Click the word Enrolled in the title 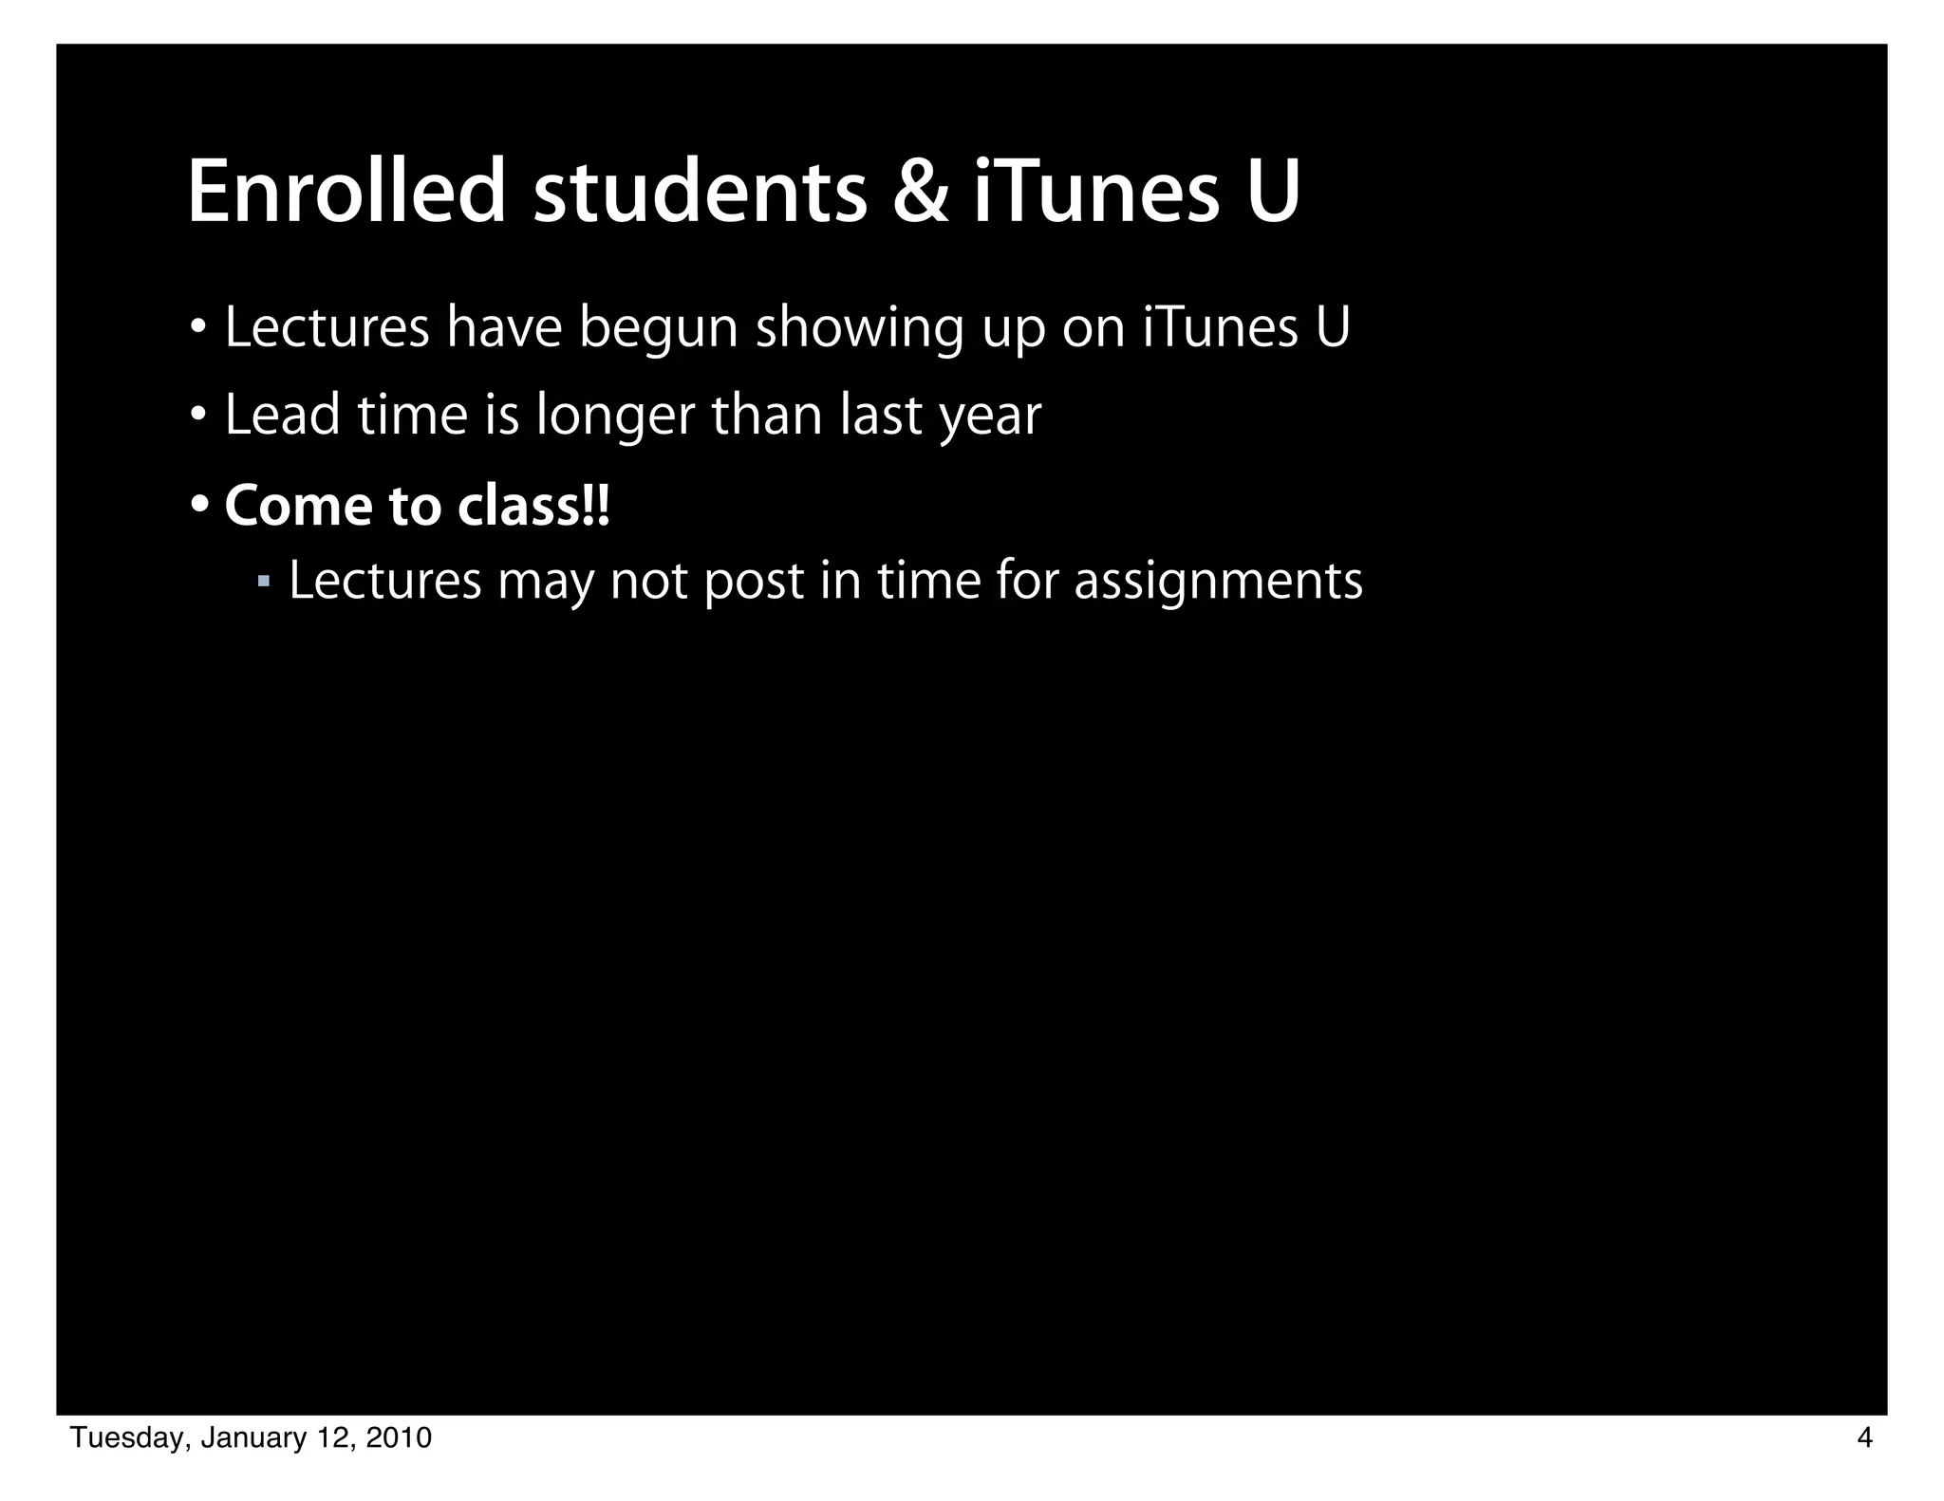pos(346,194)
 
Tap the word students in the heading pos(700,194)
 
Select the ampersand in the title pos(920,194)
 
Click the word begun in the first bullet pos(658,329)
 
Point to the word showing pos(859,329)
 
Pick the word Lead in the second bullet pos(282,416)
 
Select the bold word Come pos(298,506)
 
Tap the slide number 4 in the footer pos(1864,1439)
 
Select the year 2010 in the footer pos(399,1439)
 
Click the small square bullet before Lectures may pos(264,579)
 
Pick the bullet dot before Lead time pos(198,415)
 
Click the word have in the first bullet pos(504,327)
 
